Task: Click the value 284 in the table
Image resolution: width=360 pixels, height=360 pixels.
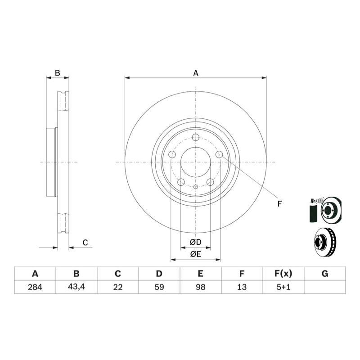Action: pyautogui.click(x=35, y=287)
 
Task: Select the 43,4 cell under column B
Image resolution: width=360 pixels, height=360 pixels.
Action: pyautogui.click(x=76, y=287)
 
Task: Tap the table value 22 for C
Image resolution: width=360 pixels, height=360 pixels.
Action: pyautogui.click(x=118, y=287)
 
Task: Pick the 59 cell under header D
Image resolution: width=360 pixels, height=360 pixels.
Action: pyautogui.click(x=159, y=287)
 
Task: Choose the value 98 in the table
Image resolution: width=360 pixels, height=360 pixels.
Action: pyautogui.click(x=201, y=287)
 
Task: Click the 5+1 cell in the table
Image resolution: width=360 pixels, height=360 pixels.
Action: pyautogui.click(x=283, y=287)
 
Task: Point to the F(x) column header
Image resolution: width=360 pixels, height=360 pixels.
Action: pyautogui.click(x=283, y=274)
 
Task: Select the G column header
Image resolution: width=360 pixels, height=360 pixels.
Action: pyautogui.click(x=325, y=274)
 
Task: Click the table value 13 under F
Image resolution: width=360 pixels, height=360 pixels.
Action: pyautogui.click(x=242, y=287)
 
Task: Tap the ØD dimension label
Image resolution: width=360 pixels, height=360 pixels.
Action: pyautogui.click(x=196, y=242)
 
